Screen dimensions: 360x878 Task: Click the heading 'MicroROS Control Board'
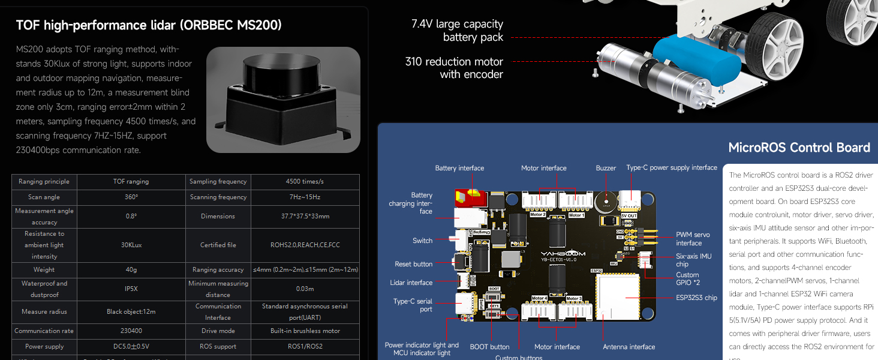pos(799,148)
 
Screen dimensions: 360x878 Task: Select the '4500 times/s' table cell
pos(305,181)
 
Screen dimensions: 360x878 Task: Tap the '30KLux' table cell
pos(131,245)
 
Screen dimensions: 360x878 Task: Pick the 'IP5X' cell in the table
pos(131,289)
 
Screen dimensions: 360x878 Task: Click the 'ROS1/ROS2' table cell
pos(305,346)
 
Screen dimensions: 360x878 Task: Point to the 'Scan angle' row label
pos(44,197)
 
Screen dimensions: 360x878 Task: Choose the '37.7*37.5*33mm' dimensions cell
pos(305,216)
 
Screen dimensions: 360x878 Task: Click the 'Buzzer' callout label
pos(606,168)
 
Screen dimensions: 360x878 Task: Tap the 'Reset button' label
pos(413,264)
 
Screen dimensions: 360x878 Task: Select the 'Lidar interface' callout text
pos(411,283)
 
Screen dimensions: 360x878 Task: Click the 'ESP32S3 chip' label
pos(696,298)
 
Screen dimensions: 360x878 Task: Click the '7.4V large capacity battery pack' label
pos(457,31)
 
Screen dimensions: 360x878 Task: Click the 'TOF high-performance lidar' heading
pos(149,25)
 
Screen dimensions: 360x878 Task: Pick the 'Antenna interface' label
pos(629,347)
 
